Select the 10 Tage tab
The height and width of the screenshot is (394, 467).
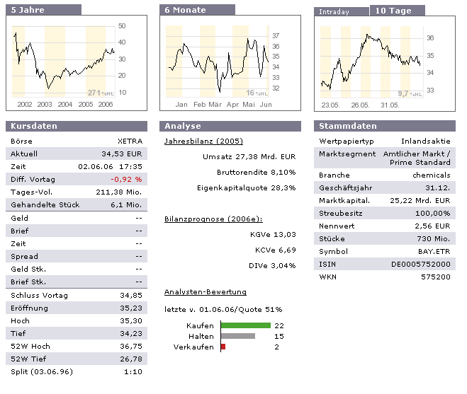click(396, 11)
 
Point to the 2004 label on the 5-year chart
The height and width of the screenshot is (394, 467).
click(65, 104)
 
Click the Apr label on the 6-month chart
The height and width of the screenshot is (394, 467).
click(232, 104)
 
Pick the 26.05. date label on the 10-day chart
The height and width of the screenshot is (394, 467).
click(360, 104)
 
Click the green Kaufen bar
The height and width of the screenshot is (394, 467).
click(246, 325)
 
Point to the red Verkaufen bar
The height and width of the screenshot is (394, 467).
click(223, 347)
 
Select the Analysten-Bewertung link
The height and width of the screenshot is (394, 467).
click(206, 291)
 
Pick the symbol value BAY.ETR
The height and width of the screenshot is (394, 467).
click(434, 251)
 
